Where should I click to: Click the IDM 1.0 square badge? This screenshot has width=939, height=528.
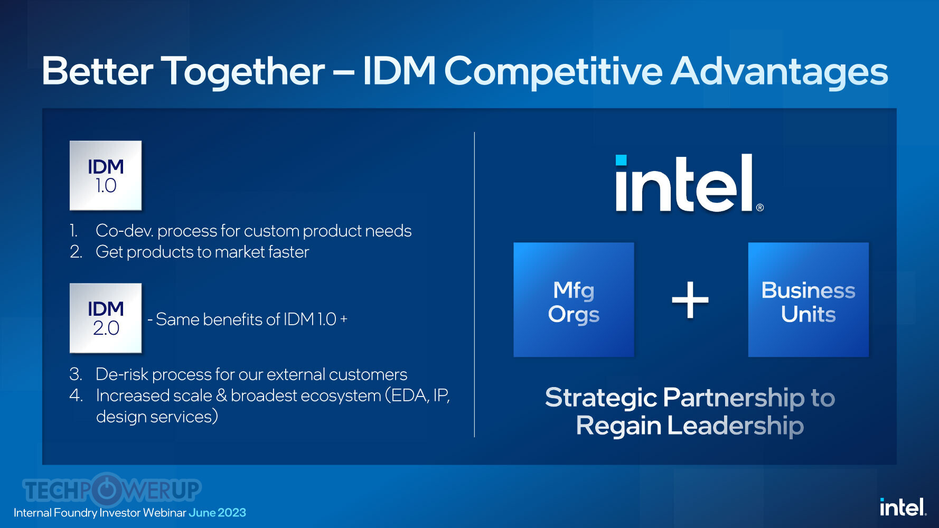(106, 175)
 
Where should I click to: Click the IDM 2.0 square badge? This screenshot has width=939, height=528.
(106, 318)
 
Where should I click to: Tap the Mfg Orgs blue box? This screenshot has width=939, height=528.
(574, 300)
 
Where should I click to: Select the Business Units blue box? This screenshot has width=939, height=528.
(808, 300)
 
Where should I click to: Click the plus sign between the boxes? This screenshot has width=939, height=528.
(690, 300)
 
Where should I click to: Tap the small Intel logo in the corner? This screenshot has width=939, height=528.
(903, 507)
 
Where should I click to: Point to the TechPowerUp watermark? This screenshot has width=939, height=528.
(111, 489)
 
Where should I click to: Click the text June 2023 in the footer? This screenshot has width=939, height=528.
(217, 513)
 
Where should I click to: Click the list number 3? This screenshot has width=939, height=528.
(76, 374)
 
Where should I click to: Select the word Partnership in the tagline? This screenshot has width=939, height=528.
(734, 398)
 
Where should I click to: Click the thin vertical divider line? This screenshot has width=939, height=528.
(474, 285)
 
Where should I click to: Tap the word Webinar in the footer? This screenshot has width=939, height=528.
(164, 513)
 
